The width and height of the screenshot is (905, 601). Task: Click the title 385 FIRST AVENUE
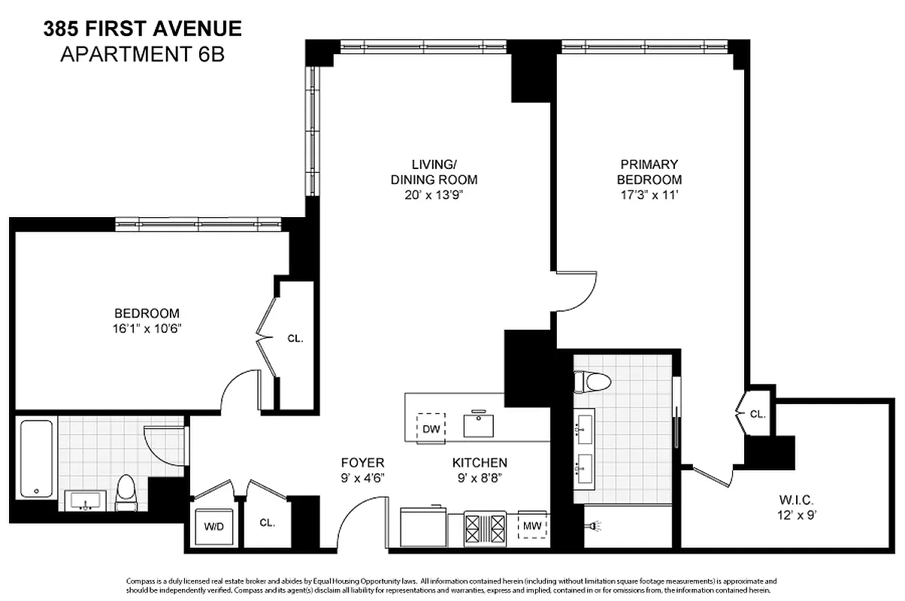(142, 29)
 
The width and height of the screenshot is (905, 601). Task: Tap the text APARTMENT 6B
(142, 53)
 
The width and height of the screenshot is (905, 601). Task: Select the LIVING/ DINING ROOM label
(434, 171)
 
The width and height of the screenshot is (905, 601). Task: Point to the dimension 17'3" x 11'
(649, 196)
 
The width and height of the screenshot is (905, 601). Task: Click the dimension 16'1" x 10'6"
(147, 328)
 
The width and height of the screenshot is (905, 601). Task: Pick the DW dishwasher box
(431, 428)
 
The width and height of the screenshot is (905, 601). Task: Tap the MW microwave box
(533, 524)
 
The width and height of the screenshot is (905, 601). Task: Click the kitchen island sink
(478, 424)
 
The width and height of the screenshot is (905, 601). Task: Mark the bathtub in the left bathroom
(35, 458)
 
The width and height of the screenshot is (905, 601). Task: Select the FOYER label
(362, 463)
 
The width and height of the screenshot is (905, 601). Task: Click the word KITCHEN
(479, 463)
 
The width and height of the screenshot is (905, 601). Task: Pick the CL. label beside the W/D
(267, 523)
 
